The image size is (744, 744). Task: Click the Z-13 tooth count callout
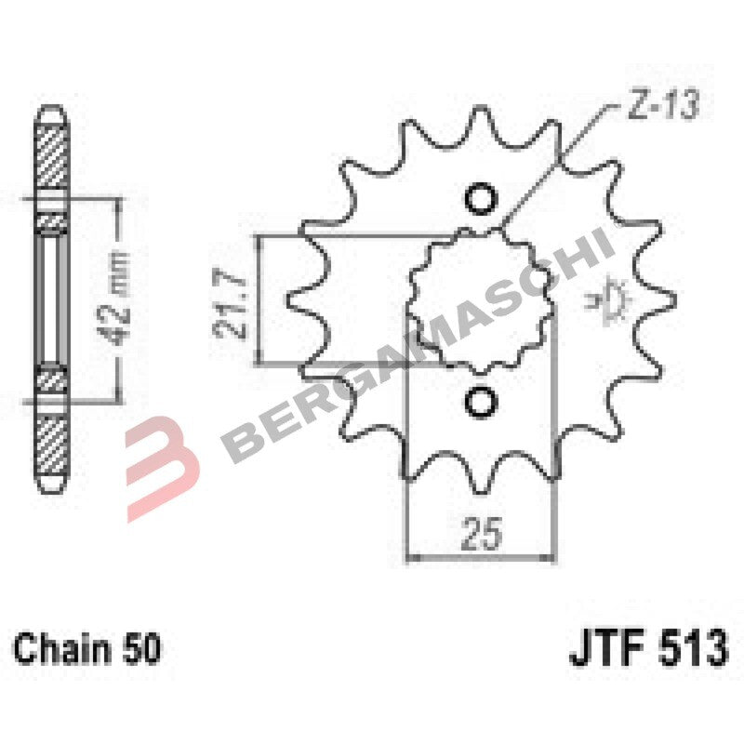pyautogui.click(x=655, y=109)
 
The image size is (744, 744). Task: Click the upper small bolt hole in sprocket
pyautogui.click(x=481, y=199)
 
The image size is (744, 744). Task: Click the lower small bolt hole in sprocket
pyautogui.click(x=481, y=401)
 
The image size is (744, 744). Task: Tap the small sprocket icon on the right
pyautogui.click(x=615, y=299)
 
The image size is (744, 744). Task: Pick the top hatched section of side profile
pyautogui.click(x=51, y=153)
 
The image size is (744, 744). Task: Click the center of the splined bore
pyautogui.click(x=481, y=299)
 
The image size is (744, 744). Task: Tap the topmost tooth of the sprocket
pyautogui.click(x=481, y=116)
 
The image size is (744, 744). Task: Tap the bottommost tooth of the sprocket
pyautogui.click(x=481, y=484)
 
